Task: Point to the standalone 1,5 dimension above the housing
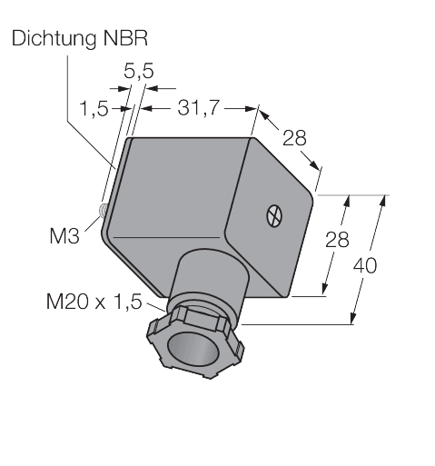pyautogui.click(x=94, y=109)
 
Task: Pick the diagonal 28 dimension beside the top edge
pyautogui.click(x=294, y=138)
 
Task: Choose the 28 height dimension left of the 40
pyautogui.click(x=338, y=241)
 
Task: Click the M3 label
pyautogui.click(x=63, y=238)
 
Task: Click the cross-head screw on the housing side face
pyautogui.click(x=272, y=216)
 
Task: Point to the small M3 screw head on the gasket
pyautogui.click(x=104, y=210)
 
